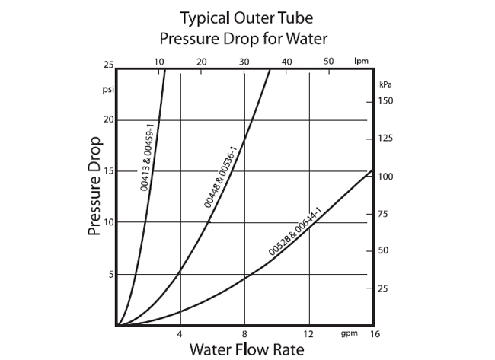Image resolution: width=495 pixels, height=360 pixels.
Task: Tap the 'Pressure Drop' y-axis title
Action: point(96,186)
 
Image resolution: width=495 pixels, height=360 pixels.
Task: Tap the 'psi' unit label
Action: point(107,88)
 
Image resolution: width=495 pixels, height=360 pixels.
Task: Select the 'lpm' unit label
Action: point(360,61)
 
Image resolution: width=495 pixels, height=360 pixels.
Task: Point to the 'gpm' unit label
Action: point(350,333)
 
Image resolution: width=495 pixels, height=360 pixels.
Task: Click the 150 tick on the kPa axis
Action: point(387,101)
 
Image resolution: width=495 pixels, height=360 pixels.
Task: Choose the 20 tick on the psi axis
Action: point(108,119)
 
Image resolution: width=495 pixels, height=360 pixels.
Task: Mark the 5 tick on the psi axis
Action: point(110,274)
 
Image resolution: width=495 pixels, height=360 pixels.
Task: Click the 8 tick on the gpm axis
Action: point(244,334)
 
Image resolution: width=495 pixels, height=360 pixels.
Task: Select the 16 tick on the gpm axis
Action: point(374,334)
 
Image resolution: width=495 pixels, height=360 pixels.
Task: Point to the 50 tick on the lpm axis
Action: point(328,61)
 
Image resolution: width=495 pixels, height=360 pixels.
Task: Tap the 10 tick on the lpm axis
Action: point(159,61)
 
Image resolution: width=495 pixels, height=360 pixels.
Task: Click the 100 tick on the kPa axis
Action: point(387,177)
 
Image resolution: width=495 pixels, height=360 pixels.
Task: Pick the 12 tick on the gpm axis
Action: point(308,334)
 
